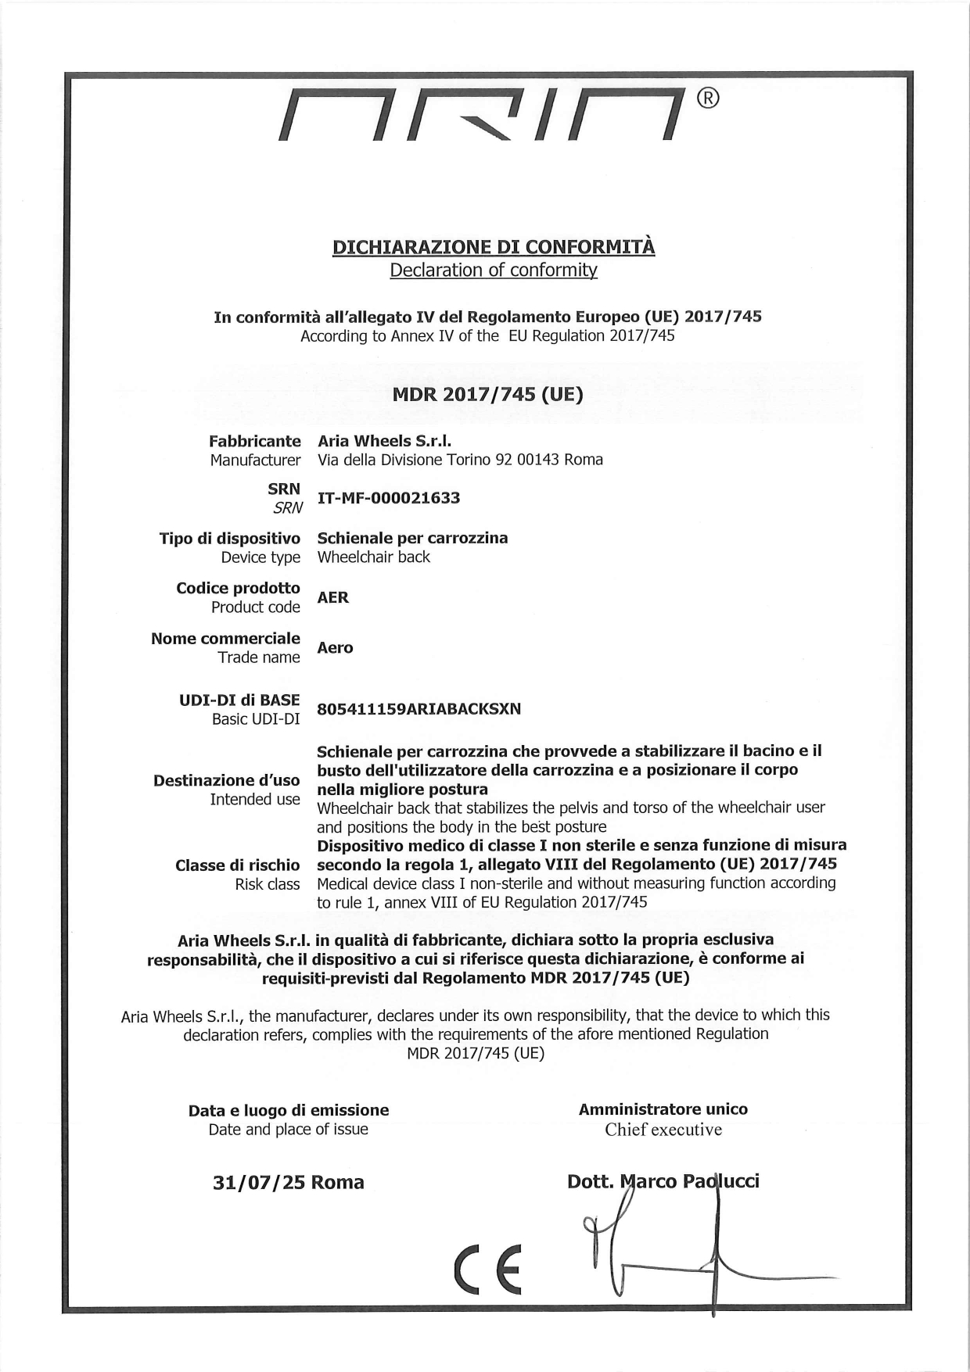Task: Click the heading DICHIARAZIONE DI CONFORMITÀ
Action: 494,247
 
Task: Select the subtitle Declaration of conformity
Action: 494,270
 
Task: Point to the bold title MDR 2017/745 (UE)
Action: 487,394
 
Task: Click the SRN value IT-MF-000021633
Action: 389,498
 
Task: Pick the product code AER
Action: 333,597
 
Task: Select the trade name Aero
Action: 335,647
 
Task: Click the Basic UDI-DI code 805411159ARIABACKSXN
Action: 419,709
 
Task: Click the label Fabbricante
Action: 254,441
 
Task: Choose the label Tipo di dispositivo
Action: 229,538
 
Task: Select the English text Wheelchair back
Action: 373,557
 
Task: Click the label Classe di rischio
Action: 237,865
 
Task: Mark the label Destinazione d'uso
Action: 226,780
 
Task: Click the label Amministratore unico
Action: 663,1109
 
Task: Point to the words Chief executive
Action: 663,1129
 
